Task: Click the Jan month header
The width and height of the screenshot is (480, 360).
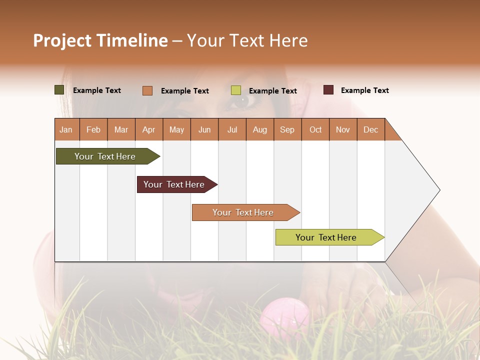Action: [66, 129]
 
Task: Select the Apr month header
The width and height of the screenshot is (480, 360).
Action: [149, 129]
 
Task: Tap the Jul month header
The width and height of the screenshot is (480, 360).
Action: [232, 129]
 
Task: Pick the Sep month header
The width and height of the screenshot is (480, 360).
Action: [287, 129]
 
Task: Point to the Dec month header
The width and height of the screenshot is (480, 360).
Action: [370, 129]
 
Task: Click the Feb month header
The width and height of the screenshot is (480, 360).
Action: [93, 129]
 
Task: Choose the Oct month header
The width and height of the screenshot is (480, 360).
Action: [315, 129]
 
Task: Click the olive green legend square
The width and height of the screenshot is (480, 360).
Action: [59, 90]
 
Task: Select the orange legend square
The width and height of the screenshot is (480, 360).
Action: [147, 90]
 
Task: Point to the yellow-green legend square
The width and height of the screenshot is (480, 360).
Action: [236, 90]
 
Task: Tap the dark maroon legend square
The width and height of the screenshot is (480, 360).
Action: [328, 90]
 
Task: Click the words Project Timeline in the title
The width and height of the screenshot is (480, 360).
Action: [100, 40]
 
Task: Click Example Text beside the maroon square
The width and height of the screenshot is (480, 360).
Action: [364, 90]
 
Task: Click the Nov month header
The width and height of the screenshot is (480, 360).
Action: [343, 129]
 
